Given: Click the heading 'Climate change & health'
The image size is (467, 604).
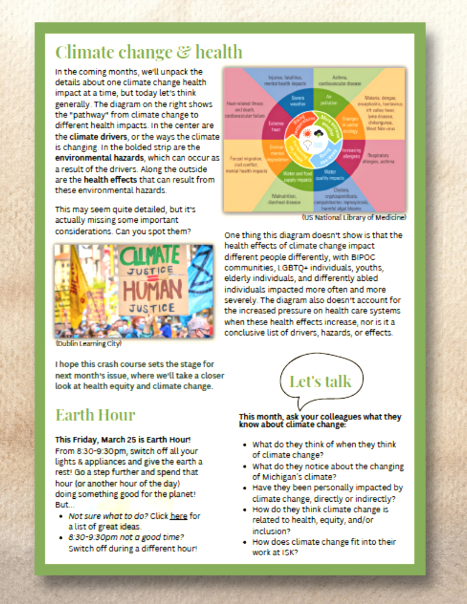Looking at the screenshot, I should coord(149,52).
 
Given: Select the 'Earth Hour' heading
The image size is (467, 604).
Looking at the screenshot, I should coord(95,415).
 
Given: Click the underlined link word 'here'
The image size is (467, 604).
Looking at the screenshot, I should coord(179,516).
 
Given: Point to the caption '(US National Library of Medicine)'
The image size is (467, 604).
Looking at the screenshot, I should coord(354,217).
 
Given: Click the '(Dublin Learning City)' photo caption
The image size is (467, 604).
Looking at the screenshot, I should coord(88,344).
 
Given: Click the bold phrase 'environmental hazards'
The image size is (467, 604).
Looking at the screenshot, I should coord(99,158).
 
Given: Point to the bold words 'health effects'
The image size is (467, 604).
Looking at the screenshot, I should coord(110,180).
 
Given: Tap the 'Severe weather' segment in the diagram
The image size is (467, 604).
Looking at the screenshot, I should coord(297,101).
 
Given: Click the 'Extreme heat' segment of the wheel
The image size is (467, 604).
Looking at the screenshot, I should coord(276,126).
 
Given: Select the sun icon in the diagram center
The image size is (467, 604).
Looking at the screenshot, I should coord(307,133).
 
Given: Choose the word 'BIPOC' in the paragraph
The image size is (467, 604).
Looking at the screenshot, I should coord(363,257).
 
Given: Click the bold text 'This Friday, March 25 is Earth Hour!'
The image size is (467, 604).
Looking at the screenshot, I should coord(123,440).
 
